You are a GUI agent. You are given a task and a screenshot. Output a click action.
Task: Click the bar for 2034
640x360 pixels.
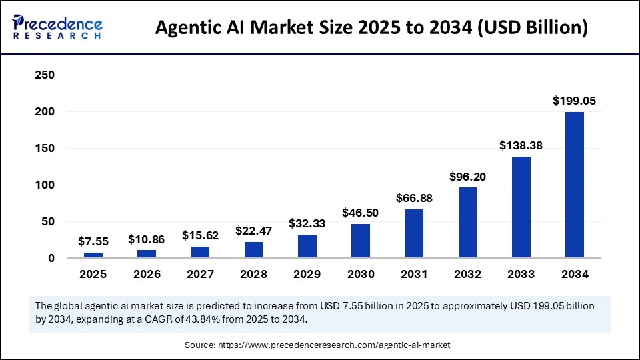[x=574, y=185]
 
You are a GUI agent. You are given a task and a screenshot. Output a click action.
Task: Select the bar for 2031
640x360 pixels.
[x=413, y=233]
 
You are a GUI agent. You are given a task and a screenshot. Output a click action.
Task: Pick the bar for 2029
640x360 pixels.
[x=307, y=246]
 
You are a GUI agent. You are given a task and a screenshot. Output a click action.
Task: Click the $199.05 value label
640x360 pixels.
[x=574, y=101]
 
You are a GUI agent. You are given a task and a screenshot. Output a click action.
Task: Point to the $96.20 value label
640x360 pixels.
[x=467, y=177]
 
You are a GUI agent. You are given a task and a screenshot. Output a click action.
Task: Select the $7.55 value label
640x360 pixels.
[x=93, y=241]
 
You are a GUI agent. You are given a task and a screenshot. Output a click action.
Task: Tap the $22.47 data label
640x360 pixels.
[x=253, y=231]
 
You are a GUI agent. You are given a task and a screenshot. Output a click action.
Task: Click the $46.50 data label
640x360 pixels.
[x=360, y=213]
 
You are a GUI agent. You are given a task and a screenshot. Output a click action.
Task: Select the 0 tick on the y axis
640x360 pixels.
[x=50, y=258]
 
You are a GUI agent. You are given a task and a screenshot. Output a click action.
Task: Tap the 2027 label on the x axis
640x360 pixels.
[x=200, y=274]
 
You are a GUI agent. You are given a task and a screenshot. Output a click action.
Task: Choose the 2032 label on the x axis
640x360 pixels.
[x=467, y=274]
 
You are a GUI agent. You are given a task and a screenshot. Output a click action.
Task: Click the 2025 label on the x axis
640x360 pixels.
[x=93, y=274]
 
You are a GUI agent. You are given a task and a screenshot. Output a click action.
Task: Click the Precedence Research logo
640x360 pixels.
[x=57, y=27]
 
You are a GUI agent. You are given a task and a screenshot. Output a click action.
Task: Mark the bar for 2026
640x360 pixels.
[x=147, y=254]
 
